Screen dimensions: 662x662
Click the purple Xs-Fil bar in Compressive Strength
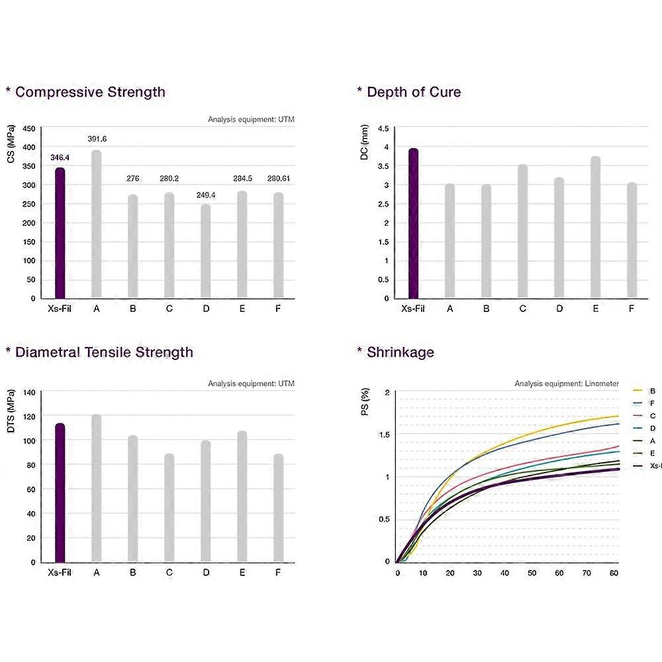click(60, 233)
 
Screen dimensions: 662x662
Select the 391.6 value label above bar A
click(97, 139)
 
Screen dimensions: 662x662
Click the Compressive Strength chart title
click(90, 92)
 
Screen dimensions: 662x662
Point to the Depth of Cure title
click(414, 92)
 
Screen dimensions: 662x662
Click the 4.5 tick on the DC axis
click(383, 129)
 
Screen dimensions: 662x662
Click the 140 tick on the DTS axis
click(29, 392)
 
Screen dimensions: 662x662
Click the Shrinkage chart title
click(400, 352)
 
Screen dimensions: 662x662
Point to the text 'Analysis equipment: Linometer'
click(567, 384)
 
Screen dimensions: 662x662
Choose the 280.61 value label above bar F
click(278, 179)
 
